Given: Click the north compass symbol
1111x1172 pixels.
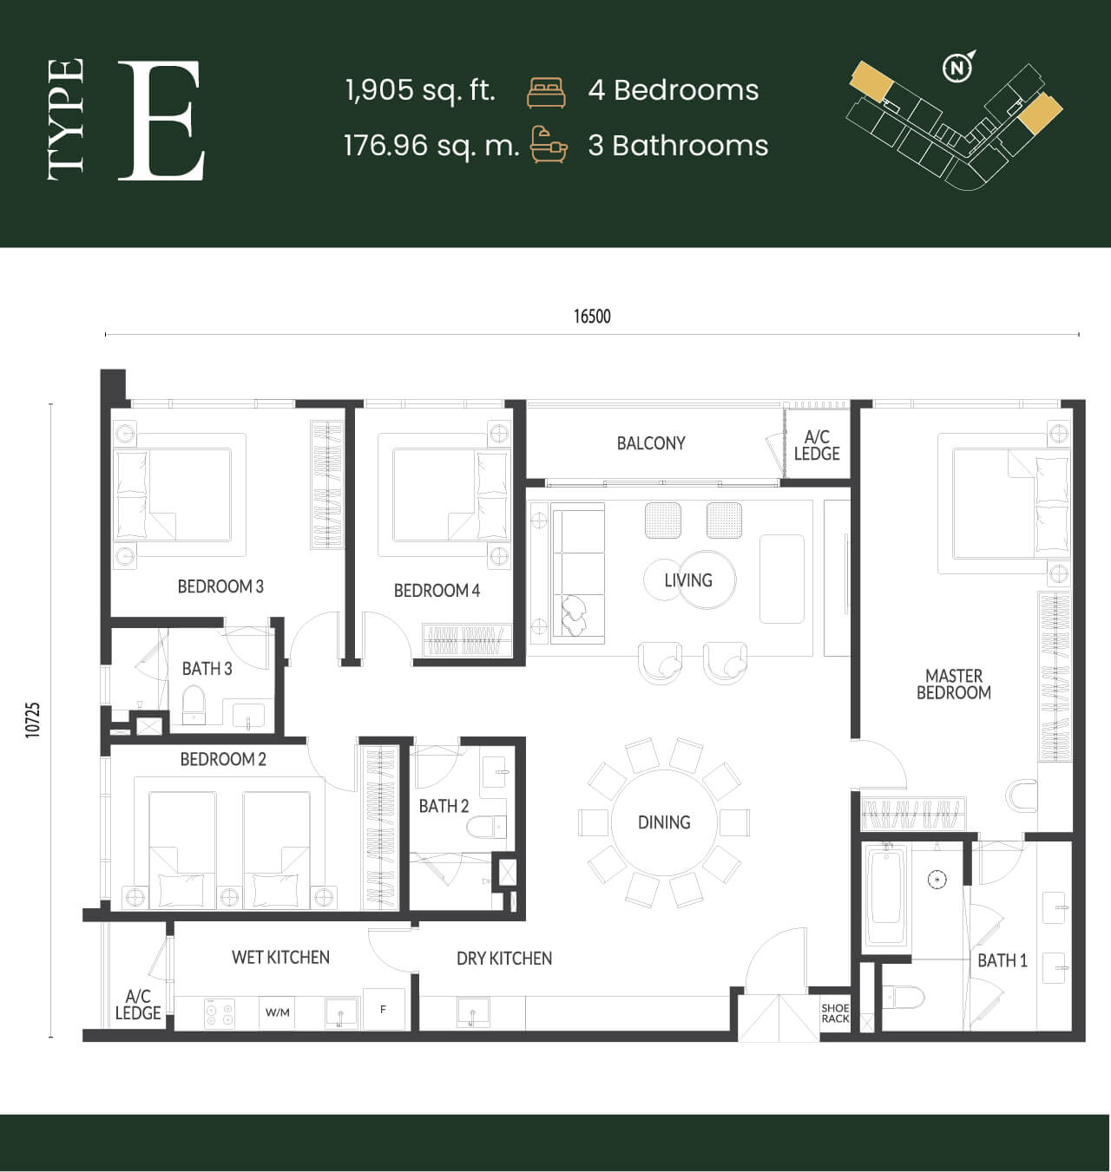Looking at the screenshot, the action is click(958, 67).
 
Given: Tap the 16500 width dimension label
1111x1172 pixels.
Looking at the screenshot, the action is click(592, 317).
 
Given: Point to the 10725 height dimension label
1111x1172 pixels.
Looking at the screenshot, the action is click(33, 721).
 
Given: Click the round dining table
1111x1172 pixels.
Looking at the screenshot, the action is click(664, 822).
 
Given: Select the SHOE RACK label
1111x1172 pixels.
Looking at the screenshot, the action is click(835, 1013).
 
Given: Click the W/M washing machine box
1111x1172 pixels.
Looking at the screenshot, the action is click(278, 1012).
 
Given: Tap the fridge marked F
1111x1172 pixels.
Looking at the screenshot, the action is click(383, 1009).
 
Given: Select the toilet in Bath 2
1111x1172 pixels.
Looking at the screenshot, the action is click(486, 828).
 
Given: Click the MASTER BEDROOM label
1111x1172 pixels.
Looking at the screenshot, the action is click(954, 684).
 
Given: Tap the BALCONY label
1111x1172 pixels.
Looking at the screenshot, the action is click(651, 443).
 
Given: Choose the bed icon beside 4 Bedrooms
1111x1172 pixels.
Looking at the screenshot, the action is click(546, 93).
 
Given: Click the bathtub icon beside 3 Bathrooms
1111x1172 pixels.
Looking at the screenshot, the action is click(549, 144).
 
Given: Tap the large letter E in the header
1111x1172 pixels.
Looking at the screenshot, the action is click(161, 120).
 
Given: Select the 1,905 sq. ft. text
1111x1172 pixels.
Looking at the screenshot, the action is click(421, 90).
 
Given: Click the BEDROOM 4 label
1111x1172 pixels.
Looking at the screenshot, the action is click(437, 590).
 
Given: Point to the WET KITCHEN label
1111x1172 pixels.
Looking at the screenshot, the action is click(280, 958).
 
